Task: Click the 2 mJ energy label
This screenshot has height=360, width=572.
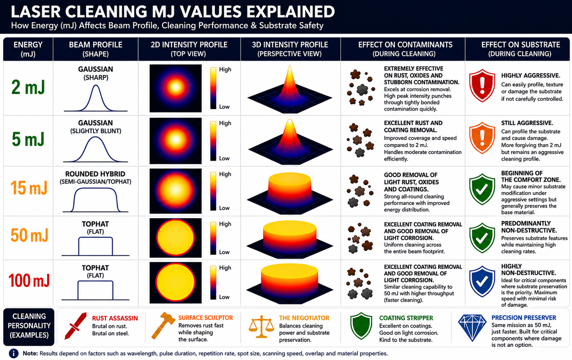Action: pos(28,88)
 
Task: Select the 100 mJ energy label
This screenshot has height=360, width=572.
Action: pos(29,280)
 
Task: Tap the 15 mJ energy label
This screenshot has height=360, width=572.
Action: pos(29,188)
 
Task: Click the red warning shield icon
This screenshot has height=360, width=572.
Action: pos(482,85)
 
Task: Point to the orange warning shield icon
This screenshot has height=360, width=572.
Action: pos(482,138)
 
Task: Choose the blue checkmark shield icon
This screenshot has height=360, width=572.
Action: pos(482,281)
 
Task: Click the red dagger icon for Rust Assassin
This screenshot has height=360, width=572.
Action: pos(76,326)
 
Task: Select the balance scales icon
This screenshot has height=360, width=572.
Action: pos(261,327)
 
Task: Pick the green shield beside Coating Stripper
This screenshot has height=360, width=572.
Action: pos(361,326)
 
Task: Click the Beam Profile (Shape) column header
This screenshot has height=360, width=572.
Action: pos(95,49)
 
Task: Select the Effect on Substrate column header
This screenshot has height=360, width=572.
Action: pos(521,49)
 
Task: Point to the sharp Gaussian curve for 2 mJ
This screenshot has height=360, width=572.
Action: pos(95,98)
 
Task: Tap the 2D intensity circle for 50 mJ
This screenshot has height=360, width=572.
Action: pos(175,238)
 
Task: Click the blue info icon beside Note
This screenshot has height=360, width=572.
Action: pos(13,354)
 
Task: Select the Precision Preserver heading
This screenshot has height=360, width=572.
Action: pos(523,318)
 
